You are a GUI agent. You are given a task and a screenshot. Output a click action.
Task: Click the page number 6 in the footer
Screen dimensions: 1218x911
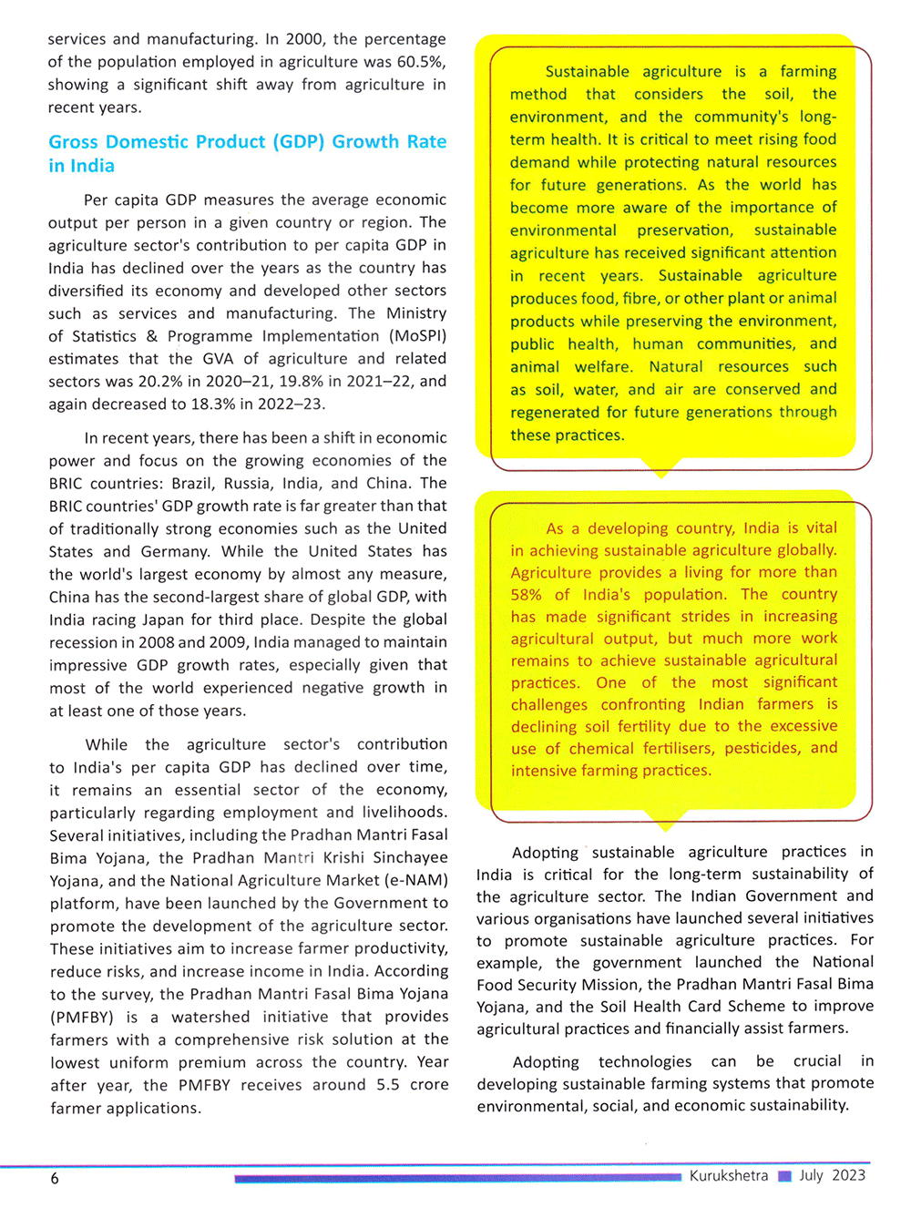tap(55, 1179)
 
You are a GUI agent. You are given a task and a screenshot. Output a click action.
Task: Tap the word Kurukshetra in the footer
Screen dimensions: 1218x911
tap(728, 1176)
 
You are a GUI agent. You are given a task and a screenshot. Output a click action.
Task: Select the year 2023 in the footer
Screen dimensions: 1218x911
tap(848, 1175)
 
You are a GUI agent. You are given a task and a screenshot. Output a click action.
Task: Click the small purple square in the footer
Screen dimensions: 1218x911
tap(784, 1176)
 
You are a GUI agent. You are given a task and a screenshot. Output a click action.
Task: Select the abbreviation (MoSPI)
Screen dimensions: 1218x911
tap(417, 336)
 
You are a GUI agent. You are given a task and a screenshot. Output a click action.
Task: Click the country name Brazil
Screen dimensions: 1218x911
tap(193, 484)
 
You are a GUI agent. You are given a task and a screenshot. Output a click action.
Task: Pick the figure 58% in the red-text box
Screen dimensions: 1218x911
tap(527, 595)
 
